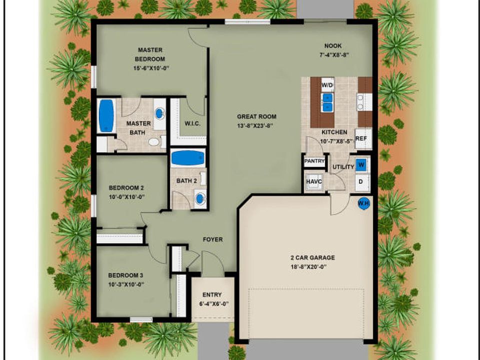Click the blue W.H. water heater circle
[x=363, y=203]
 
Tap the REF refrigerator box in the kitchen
[x=363, y=138]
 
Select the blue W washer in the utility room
[x=361, y=165]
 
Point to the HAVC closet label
[x=314, y=181]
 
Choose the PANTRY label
[x=314, y=161]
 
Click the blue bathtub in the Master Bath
[x=106, y=115]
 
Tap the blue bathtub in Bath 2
[x=187, y=158]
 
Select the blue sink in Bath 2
[x=200, y=199]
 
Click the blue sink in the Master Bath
[x=159, y=113]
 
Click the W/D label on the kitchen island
[x=327, y=85]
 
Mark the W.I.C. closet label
[x=192, y=123]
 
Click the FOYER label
[x=213, y=239]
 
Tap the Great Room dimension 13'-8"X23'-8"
[x=254, y=126]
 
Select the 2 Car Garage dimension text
[x=308, y=266]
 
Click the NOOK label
[x=333, y=46]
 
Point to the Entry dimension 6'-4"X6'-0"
[x=213, y=304]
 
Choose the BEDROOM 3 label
[x=125, y=275]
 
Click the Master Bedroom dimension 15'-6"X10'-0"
[x=151, y=68]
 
